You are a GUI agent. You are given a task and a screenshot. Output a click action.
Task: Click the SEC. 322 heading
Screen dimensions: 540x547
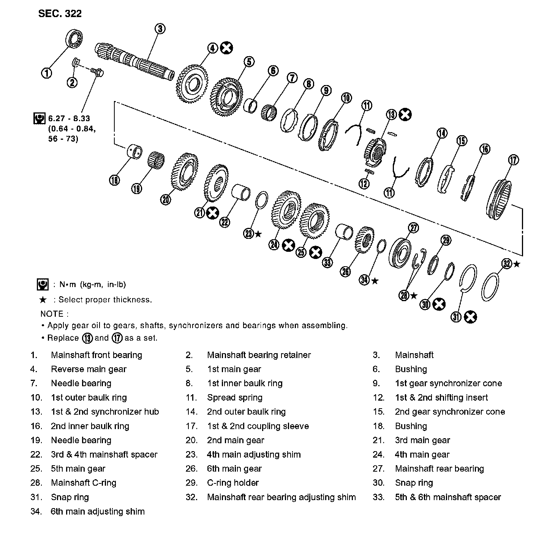pyautogui.click(x=60, y=14)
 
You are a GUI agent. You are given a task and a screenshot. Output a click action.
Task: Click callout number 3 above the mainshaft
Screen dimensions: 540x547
pyautogui.click(x=160, y=28)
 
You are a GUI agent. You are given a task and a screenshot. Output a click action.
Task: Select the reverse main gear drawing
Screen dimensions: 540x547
pyautogui.click(x=193, y=84)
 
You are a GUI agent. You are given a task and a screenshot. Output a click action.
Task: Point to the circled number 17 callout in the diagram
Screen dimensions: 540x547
pyautogui.click(x=513, y=160)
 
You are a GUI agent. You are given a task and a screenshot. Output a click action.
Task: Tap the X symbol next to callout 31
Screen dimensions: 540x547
pyautogui.click(x=470, y=317)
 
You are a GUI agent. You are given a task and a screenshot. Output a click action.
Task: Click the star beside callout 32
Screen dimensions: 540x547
pyautogui.click(x=517, y=264)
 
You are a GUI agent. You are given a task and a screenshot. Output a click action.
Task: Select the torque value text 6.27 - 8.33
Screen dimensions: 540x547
pyautogui.click(x=69, y=118)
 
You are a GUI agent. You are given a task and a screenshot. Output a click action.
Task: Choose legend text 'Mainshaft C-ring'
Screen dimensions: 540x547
pyautogui.click(x=83, y=483)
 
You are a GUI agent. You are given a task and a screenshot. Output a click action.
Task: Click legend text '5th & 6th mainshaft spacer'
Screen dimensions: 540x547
pyautogui.click(x=448, y=497)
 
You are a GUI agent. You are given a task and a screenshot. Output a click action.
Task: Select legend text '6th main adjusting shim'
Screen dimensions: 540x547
pyautogui.click(x=98, y=512)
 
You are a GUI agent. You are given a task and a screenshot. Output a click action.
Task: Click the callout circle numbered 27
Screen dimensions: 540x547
pyautogui.click(x=413, y=228)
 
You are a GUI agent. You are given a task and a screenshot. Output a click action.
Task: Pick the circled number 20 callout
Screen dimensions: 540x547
pyautogui.click(x=166, y=199)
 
